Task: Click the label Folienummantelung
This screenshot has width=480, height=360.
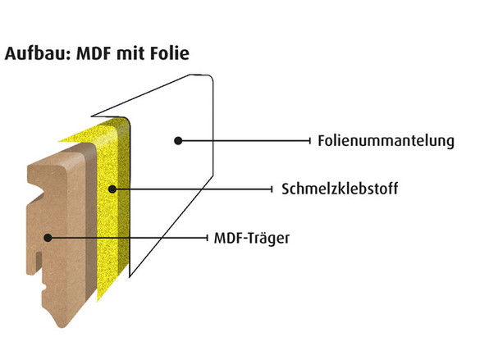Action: (386, 141)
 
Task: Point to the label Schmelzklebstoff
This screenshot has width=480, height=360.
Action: (340, 189)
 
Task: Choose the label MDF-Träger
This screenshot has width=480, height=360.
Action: (252, 239)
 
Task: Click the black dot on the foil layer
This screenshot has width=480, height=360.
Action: (178, 141)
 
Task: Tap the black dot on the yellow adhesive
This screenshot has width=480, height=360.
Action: (112, 189)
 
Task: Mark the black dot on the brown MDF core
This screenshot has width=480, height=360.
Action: (48, 238)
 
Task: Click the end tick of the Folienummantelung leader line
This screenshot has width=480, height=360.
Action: (310, 141)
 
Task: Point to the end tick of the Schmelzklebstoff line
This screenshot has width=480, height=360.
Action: (272, 189)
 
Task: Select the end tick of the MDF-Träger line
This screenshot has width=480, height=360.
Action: (208, 238)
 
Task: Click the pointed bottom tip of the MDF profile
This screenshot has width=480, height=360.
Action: (62, 327)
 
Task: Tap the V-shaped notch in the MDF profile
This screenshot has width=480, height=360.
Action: (40, 194)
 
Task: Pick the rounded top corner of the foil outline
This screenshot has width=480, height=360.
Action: (209, 77)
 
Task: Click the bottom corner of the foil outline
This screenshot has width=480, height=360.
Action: (130, 276)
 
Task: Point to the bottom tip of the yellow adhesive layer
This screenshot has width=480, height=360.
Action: (98, 300)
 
